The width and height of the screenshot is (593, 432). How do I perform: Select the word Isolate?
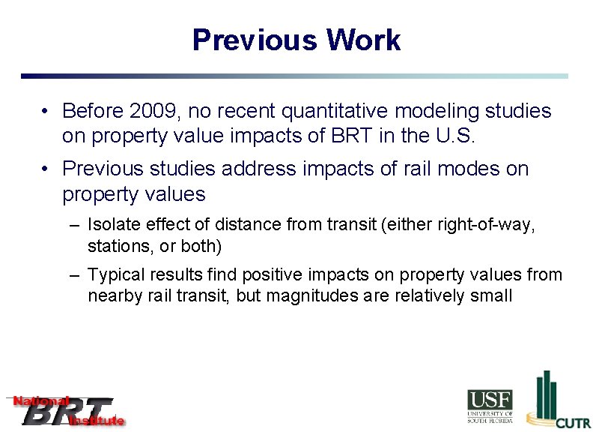click(x=110, y=224)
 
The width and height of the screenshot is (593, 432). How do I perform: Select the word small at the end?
click(x=490, y=295)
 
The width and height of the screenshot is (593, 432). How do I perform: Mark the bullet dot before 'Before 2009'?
click(x=46, y=112)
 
